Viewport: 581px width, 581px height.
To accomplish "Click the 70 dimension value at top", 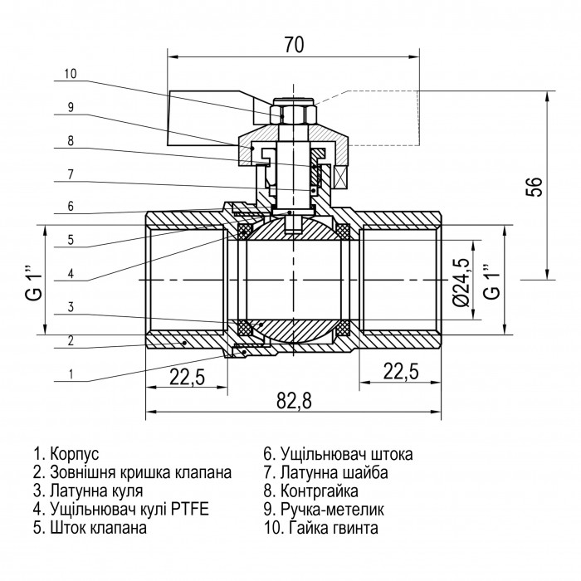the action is point(294,45).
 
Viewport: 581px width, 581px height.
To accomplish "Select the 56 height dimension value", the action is point(534,187).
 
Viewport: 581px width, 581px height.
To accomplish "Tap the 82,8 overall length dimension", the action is point(294,401).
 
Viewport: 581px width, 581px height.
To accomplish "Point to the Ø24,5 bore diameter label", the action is point(461,282).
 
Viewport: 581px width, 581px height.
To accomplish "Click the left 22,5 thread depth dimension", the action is point(187,378).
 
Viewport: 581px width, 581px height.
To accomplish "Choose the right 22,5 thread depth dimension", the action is point(401,372).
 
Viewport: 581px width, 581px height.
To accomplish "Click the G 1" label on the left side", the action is point(34,282).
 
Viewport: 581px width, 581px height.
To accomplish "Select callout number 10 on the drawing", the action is point(71,74).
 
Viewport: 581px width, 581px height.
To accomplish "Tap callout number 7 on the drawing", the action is point(71,174).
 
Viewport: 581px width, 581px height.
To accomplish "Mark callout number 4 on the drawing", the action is point(71,274).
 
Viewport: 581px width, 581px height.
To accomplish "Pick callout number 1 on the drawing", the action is point(71,373).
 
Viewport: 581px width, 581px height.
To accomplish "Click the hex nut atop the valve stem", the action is point(293,115).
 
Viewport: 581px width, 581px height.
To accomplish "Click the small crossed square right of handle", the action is point(340,176).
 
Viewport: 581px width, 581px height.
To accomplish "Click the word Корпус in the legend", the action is point(75,454).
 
